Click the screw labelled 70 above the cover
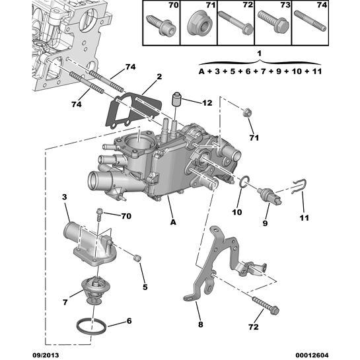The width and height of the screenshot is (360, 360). [x=98, y=214]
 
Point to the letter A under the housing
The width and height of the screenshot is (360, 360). [x=172, y=223]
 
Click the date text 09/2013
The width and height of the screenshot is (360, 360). [x=20, y=353]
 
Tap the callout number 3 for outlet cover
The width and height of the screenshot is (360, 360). [x=65, y=198]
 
